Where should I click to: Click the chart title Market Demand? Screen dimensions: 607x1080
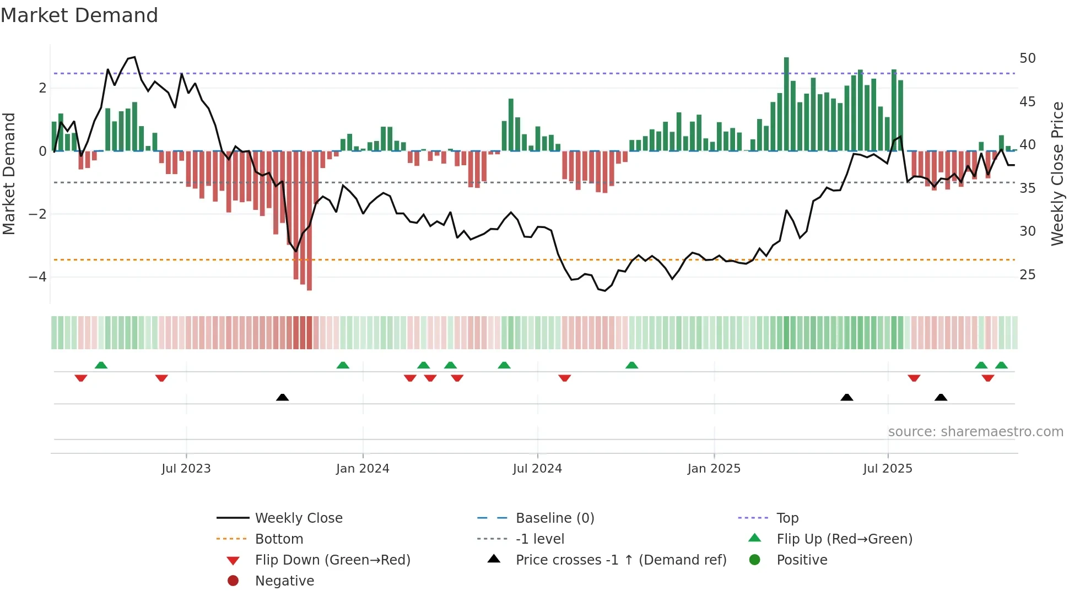pyautogui.click(x=79, y=15)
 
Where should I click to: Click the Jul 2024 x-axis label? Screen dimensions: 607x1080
pyautogui.click(x=537, y=469)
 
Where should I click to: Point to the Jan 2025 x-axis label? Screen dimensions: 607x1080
pyautogui.click(x=714, y=469)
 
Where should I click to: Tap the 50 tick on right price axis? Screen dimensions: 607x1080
pyautogui.click(x=1027, y=58)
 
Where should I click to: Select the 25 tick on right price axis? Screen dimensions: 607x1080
pyautogui.click(x=1027, y=274)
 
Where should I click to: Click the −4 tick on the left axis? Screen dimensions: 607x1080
pyautogui.click(x=37, y=277)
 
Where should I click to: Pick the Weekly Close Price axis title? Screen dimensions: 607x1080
pyautogui.click(x=1057, y=174)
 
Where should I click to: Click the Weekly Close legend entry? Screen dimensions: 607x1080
pyautogui.click(x=298, y=518)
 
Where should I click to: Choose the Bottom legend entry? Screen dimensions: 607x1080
pyautogui.click(x=279, y=539)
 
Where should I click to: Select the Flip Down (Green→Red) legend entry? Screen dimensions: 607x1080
pyautogui.click(x=332, y=560)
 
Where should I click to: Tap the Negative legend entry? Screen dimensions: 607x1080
pyautogui.click(x=284, y=581)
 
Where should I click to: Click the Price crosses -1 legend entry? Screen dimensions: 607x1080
pyautogui.click(x=620, y=560)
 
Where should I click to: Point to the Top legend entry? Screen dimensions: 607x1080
pyautogui.click(x=787, y=518)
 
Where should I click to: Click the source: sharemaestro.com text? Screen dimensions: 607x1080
pyautogui.click(x=975, y=432)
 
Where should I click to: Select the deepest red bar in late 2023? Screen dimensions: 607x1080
pyautogui.click(x=309, y=220)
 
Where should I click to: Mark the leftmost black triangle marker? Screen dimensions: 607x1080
pyautogui.click(x=282, y=397)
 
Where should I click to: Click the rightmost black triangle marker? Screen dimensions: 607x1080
pyautogui.click(x=941, y=397)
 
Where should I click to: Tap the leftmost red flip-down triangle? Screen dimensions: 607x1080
pyautogui.click(x=81, y=378)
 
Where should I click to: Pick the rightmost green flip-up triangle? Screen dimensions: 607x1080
pyautogui.click(x=1001, y=365)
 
